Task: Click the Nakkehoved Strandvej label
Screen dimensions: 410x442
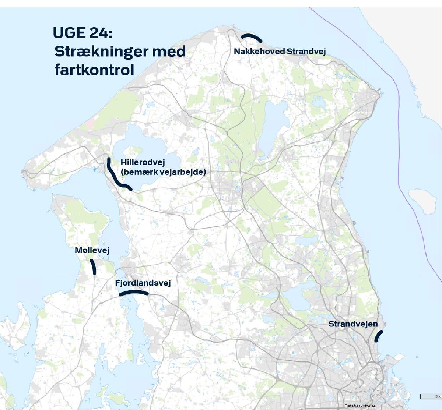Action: click(x=280, y=51)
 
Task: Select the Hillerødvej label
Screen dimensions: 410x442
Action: click(x=143, y=162)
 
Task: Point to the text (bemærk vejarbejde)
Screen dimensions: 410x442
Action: click(x=163, y=172)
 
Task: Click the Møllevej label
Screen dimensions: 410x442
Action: click(x=92, y=250)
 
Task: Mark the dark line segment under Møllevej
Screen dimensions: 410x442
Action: click(x=94, y=267)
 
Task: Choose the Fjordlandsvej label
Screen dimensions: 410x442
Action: click(x=143, y=283)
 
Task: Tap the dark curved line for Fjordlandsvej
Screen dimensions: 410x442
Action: click(x=133, y=292)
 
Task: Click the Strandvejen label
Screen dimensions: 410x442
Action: click(x=353, y=324)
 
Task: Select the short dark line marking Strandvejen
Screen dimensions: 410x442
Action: click(x=378, y=336)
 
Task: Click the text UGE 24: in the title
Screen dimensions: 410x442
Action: click(x=82, y=33)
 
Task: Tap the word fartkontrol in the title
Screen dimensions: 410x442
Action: click(x=94, y=70)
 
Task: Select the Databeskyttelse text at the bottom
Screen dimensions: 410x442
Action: click(x=360, y=406)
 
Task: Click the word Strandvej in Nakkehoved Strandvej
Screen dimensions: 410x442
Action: click(x=306, y=51)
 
